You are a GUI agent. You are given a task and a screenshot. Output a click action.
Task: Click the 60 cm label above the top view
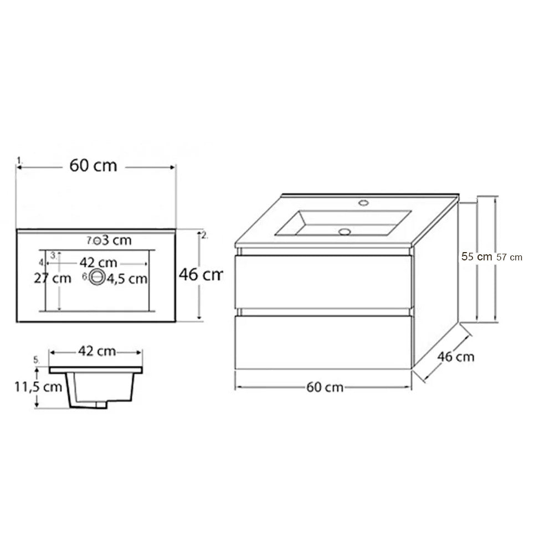tap(93, 165)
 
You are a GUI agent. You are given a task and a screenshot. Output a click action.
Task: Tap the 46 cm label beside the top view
tap(201, 274)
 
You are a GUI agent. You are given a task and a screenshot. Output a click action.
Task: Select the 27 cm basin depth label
tap(53, 279)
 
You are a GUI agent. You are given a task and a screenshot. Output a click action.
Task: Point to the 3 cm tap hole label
tap(117, 240)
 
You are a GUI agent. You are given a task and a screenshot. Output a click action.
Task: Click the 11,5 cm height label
tap(38, 387)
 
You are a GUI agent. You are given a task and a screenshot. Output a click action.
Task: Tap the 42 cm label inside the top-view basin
tap(98, 263)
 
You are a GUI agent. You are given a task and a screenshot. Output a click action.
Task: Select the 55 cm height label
tap(476, 257)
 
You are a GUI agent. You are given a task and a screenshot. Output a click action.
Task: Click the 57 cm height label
tap(510, 257)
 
